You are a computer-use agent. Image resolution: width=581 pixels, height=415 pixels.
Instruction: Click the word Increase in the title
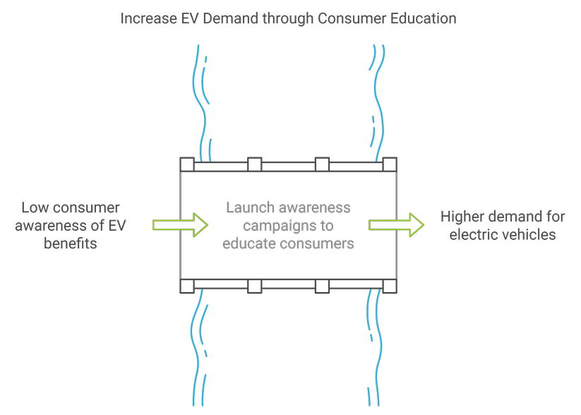[x=145, y=18]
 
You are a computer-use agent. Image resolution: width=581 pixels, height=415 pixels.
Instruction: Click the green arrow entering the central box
[x=180, y=225]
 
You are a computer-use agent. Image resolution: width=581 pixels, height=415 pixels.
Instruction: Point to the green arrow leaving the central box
[x=396, y=225]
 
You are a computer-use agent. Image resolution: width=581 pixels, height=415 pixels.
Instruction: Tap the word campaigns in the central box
[x=277, y=226]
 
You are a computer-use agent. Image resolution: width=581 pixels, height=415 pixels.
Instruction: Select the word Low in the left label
[x=35, y=208]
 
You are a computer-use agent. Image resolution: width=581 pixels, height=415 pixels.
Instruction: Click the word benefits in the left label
[x=70, y=243]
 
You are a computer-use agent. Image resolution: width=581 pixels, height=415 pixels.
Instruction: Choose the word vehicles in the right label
[x=531, y=234]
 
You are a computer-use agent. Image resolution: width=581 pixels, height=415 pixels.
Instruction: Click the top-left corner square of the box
[x=187, y=164]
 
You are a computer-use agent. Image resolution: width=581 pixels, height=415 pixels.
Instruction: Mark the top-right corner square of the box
[x=390, y=164]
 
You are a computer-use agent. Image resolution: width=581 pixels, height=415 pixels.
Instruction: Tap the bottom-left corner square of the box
[x=187, y=286]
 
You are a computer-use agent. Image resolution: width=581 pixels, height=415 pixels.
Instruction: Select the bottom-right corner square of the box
[x=390, y=286]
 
